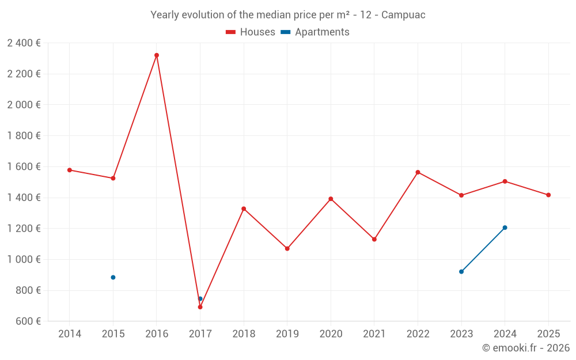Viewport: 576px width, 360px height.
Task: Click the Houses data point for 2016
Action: [157, 55]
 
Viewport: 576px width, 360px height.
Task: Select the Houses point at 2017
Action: [200, 307]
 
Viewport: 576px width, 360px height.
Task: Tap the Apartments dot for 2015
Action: [113, 278]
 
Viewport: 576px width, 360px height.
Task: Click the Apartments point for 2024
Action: [505, 228]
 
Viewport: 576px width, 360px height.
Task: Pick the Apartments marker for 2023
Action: [461, 271]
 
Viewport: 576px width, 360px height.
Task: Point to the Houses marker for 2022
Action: [418, 172]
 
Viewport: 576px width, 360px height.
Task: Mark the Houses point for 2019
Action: [287, 249]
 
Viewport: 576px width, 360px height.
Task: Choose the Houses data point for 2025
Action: [548, 195]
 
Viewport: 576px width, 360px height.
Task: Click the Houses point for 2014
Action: [70, 170]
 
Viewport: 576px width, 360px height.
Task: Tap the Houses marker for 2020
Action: [331, 199]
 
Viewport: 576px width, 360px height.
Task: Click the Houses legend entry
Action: [251, 32]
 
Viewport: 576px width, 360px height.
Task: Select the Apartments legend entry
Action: [315, 32]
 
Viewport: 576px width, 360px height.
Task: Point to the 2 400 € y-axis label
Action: [24, 43]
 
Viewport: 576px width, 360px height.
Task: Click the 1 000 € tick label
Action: [24, 259]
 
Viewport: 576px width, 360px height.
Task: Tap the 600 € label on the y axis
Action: [28, 321]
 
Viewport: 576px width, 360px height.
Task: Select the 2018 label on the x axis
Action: [244, 334]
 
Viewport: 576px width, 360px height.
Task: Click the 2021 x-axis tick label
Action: [374, 334]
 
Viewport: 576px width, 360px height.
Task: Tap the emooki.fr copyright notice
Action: [526, 348]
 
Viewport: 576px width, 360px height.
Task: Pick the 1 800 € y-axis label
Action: [24, 136]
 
